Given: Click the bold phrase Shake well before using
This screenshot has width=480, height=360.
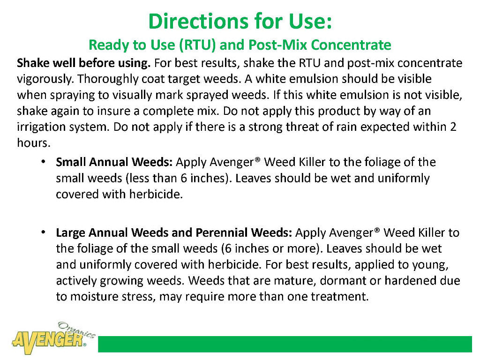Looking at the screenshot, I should (x=84, y=63).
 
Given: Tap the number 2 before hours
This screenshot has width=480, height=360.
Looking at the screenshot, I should (x=453, y=127).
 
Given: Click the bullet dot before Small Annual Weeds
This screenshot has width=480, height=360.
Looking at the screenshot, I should (x=43, y=162).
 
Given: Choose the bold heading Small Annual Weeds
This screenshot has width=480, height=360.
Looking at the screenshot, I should (x=115, y=162).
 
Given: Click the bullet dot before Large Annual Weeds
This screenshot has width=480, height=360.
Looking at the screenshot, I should (x=43, y=232).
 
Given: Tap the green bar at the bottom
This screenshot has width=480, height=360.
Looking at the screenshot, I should (x=285, y=344).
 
